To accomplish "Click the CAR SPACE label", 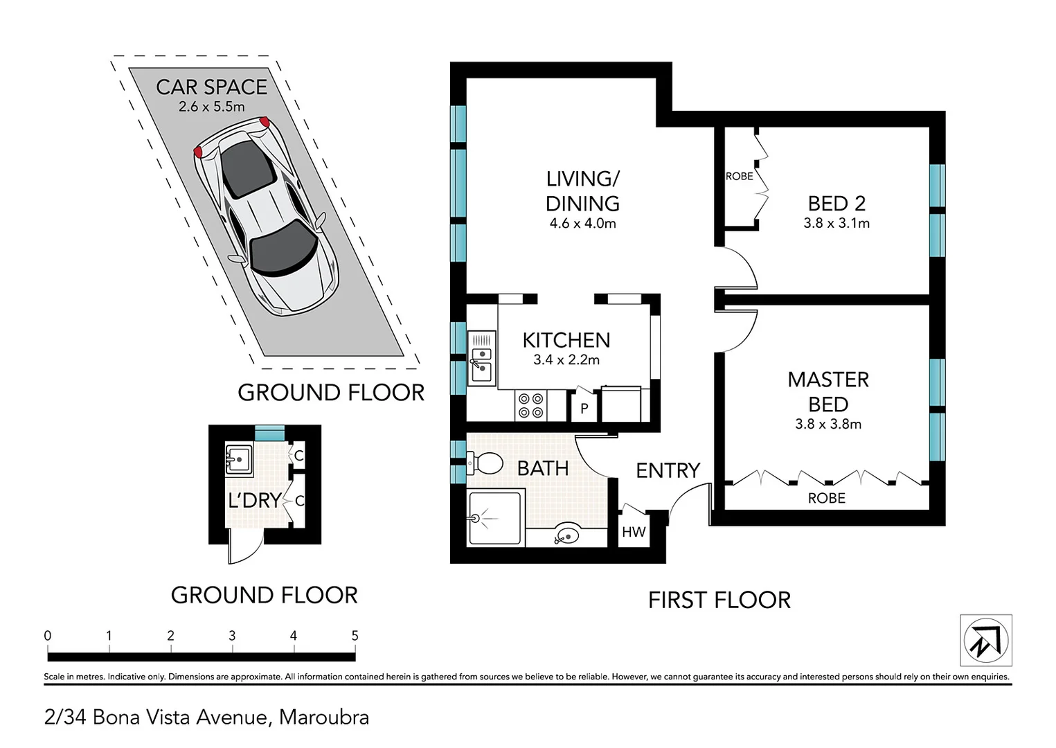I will point(211,87).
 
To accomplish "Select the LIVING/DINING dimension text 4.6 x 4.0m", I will point(582,224).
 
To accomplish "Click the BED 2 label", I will point(836,204).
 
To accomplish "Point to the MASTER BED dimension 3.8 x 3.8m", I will point(828,424).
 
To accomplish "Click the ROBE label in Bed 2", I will point(739,177).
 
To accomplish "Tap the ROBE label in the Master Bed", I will point(826,498).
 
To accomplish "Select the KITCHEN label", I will point(566,340).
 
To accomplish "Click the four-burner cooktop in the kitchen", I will point(531,406).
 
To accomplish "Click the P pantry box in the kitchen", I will point(584,408).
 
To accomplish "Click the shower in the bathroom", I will point(494,517).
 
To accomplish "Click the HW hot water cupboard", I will point(633,532).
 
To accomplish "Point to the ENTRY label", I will point(668,471).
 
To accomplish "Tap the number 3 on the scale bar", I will point(232,635).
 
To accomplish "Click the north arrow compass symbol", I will point(985,641).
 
